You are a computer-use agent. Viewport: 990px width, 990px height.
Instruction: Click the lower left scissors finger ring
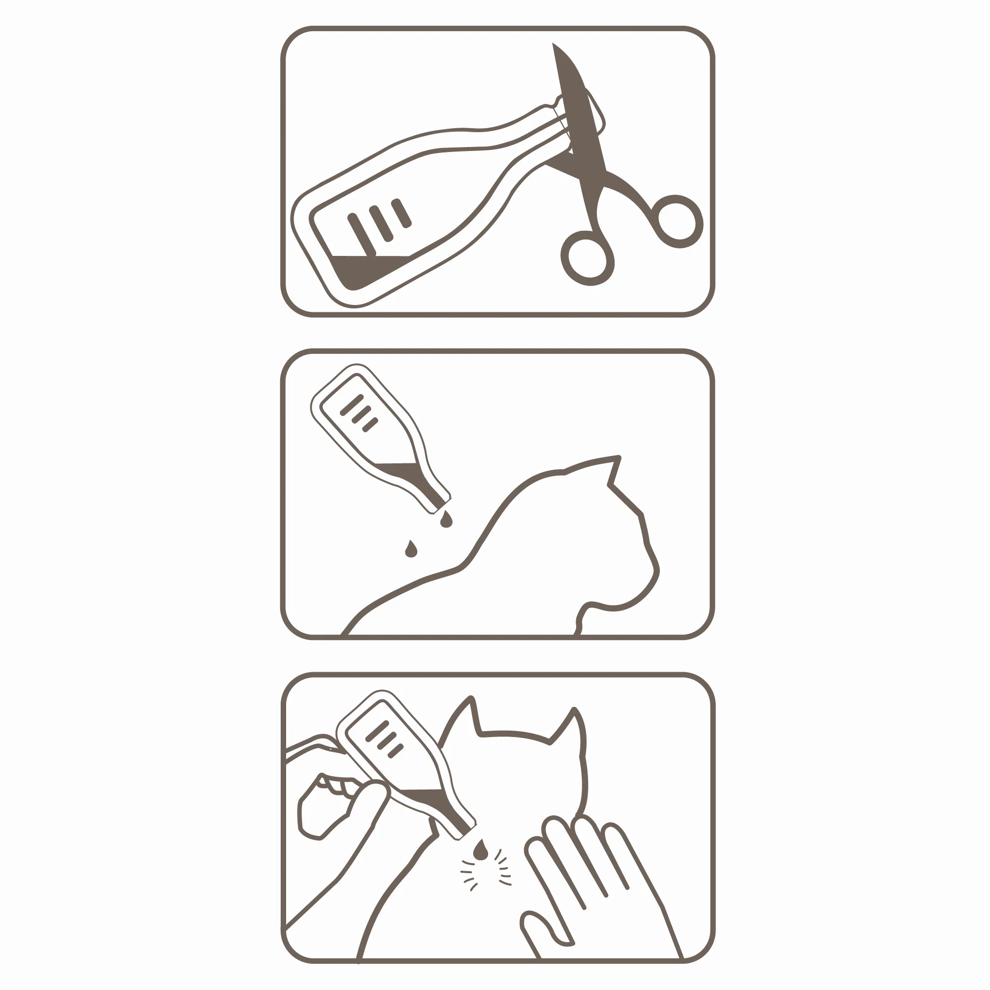pyautogui.click(x=587, y=258)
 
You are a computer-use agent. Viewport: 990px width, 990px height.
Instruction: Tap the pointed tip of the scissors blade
pyautogui.click(x=554, y=46)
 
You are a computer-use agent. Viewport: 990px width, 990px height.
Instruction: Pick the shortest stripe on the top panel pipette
pyautogui.click(x=402, y=213)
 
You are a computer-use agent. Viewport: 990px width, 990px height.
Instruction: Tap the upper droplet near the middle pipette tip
pyautogui.click(x=446, y=520)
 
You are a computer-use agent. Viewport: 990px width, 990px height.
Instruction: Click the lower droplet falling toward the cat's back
pyautogui.click(x=411, y=550)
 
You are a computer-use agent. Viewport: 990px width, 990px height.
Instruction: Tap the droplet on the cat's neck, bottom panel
pyautogui.click(x=480, y=851)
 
